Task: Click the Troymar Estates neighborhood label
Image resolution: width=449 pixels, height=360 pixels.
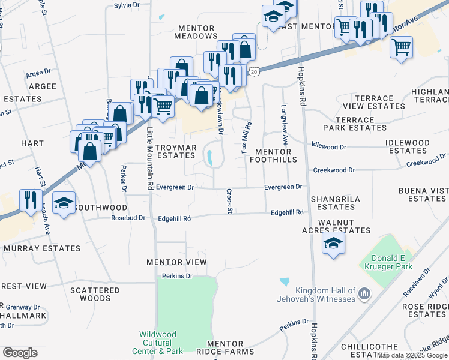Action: tap(175, 151)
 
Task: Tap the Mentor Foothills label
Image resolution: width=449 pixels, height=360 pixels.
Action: tap(276, 156)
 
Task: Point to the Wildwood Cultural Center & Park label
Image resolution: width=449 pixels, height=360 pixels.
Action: tap(161, 343)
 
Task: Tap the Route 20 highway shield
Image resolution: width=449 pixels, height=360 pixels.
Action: tap(255, 71)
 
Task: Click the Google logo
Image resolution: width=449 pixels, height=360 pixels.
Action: tap(20, 353)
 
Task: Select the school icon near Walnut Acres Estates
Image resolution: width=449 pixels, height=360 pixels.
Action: tap(333, 243)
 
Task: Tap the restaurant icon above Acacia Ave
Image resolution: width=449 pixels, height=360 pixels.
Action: tap(31, 200)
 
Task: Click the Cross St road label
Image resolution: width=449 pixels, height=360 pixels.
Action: tap(229, 200)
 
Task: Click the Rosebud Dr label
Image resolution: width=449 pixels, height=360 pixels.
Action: tap(128, 218)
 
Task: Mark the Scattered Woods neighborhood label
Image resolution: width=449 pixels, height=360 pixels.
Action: tap(95, 294)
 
